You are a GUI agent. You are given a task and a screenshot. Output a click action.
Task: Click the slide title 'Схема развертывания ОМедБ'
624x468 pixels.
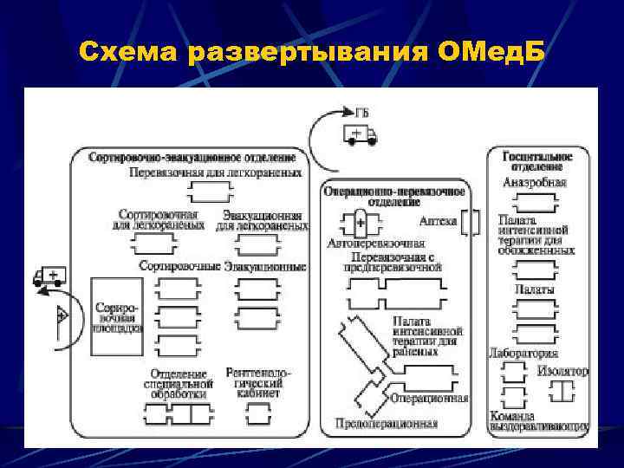(311, 53)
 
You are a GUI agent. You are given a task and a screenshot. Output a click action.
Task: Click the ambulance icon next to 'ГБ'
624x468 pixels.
(360, 133)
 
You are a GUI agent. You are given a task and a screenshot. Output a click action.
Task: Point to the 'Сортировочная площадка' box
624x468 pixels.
(116, 317)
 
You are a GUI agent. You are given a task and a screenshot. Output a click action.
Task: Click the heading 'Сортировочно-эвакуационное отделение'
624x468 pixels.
(192, 157)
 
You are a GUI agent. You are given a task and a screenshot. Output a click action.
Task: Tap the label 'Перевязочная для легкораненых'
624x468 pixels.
(216, 172)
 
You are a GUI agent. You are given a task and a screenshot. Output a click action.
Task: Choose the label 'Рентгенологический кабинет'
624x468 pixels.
(257, 381)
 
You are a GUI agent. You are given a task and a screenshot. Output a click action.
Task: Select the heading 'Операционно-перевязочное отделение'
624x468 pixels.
(393, 196)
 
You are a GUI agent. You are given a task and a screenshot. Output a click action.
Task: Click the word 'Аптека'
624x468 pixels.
(438, 221)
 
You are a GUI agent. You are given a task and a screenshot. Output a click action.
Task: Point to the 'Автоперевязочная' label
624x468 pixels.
(375, 244)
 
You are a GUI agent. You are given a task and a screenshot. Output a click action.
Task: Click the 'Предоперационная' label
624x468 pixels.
(386, 423)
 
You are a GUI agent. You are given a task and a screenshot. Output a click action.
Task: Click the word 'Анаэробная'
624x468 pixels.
(535, 183)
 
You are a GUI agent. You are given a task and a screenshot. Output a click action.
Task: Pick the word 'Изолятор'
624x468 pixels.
(562, 371)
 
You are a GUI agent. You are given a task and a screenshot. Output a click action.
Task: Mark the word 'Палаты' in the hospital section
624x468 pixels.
(535, 289)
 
